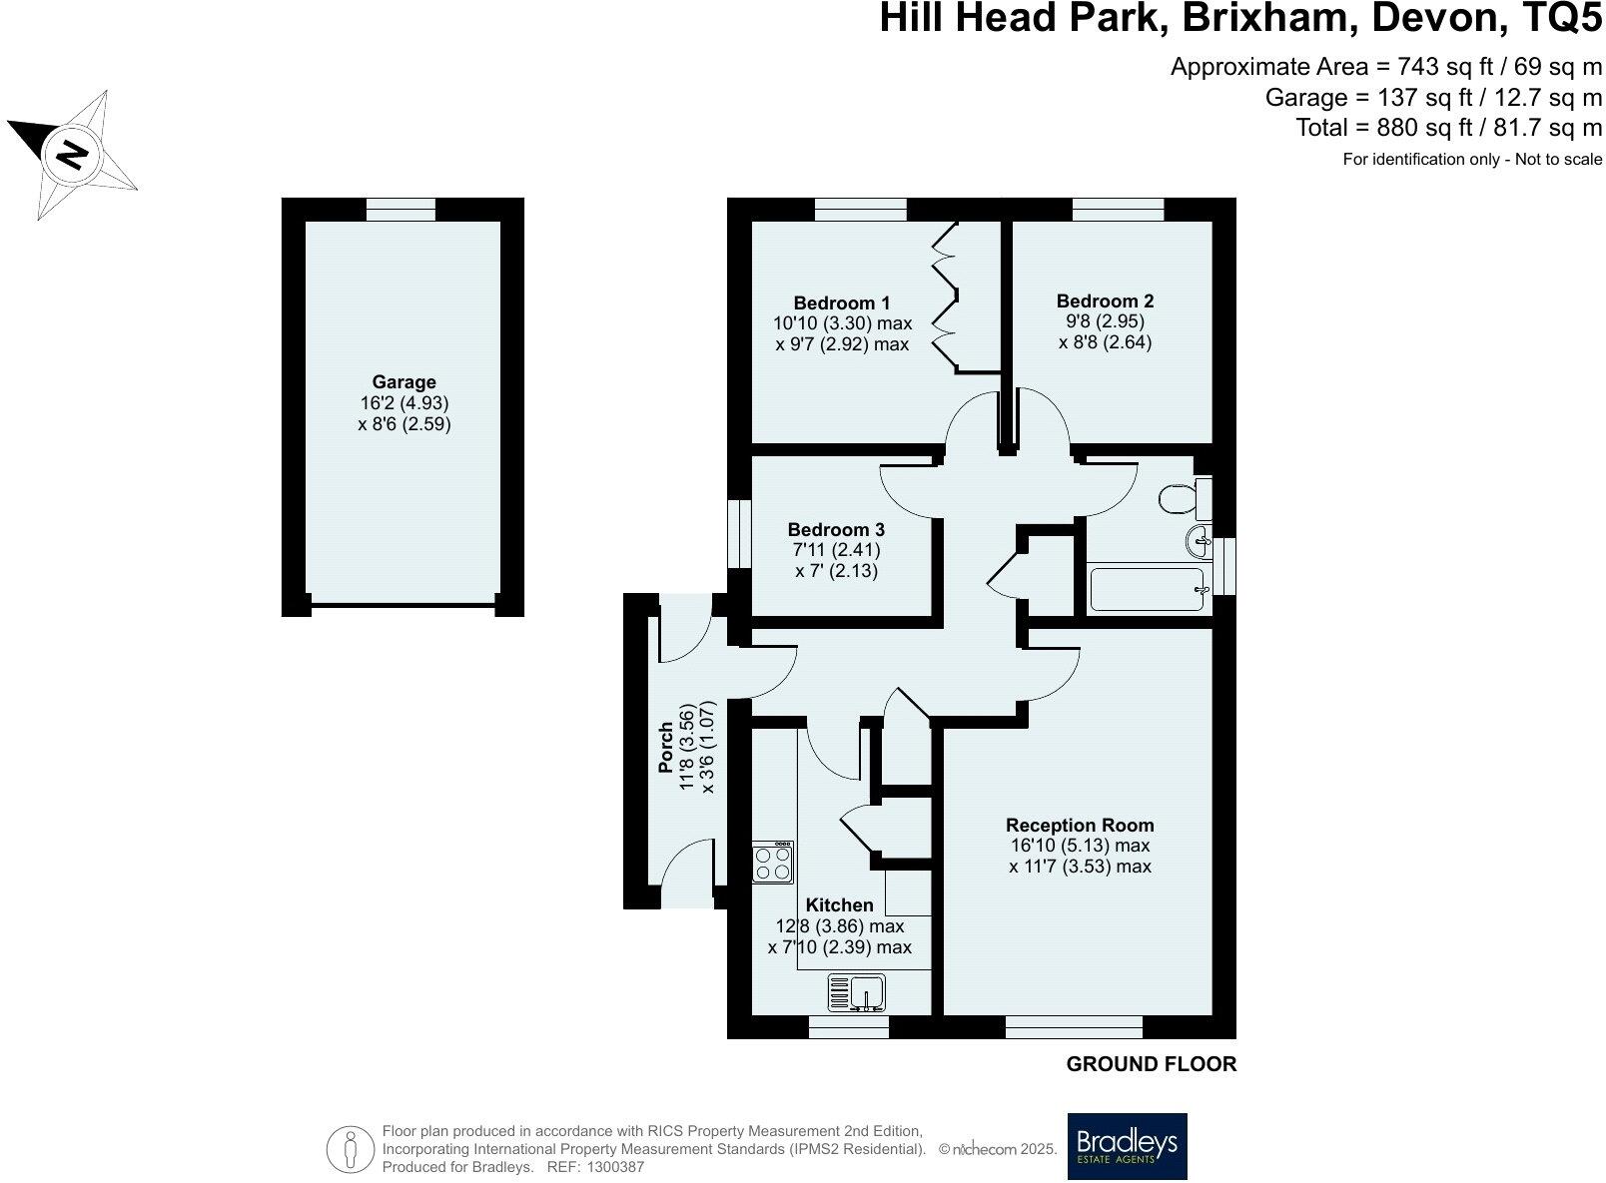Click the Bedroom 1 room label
pyautogui.click(x=841, y=302)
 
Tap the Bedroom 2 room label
pyautogui.click(x=1105, y=300)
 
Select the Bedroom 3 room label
pyautogui.click(x=835, y=530)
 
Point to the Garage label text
pyautogui.click(x=403, y=381)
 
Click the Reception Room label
pyautogui.click(x=1080, y=825)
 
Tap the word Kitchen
pyautogui.click(x=839, y=904)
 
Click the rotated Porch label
pyautogui.click(x=666, y=748)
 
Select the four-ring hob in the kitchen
pyautogui.click(x=773, y=862)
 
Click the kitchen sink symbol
pyautogui.click(x=856, y=993)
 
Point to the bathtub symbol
pyautogui.click(x=1149, y=589)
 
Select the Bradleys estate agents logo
pyautogui.click(x=1127, y=1145)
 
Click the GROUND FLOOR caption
pyautogui.click(x=1151, y=1064)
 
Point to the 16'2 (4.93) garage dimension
pyautogui.click(x=403, y=403)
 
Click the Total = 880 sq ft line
pyautogui.click(x=1448, y=128)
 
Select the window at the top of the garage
pyautogui.click(x=401, y=210)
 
